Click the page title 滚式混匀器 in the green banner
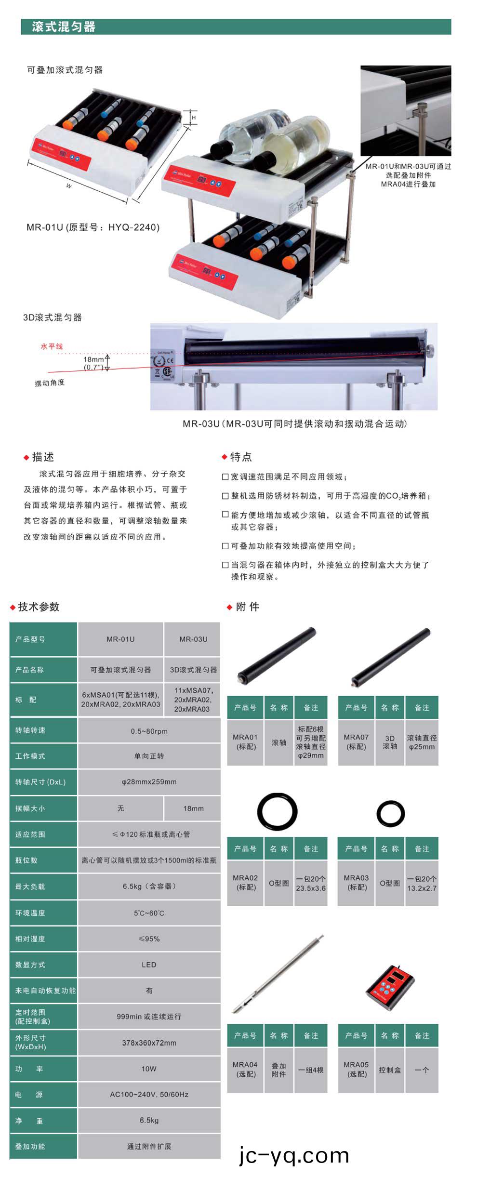(64, 27)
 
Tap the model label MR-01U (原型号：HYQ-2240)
(93, 227)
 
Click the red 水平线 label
(52, 346)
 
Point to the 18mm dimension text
(93, 359)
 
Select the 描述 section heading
(43, 457)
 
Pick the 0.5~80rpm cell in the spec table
(149, 731)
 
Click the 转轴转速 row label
(30, 730)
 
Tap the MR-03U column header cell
(193, 639)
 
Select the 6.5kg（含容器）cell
(149, 886)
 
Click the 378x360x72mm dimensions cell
(149, 1043)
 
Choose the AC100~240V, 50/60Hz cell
(149, 1094)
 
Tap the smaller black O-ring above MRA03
(390, 814)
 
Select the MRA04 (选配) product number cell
(245, 1069)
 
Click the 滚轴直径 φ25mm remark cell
(422, 742)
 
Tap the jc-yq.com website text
(294, 1155)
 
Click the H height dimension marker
(194, 118)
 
